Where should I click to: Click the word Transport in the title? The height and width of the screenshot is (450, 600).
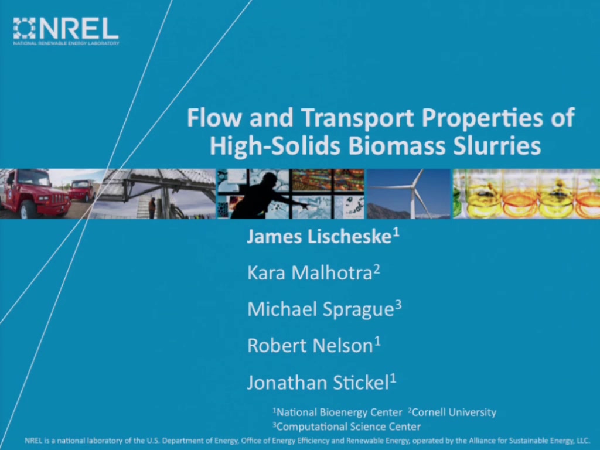click(x=357, y=117)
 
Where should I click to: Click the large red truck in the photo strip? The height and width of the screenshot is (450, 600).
click(x=35, y=193)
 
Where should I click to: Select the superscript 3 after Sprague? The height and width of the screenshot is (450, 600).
click(x=398, y=305)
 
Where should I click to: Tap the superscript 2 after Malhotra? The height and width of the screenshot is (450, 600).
click(x=377, y=268)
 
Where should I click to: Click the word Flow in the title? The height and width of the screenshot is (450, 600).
click(x=214, y=117)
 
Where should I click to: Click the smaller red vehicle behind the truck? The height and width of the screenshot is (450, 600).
click(x=81, y=190)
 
